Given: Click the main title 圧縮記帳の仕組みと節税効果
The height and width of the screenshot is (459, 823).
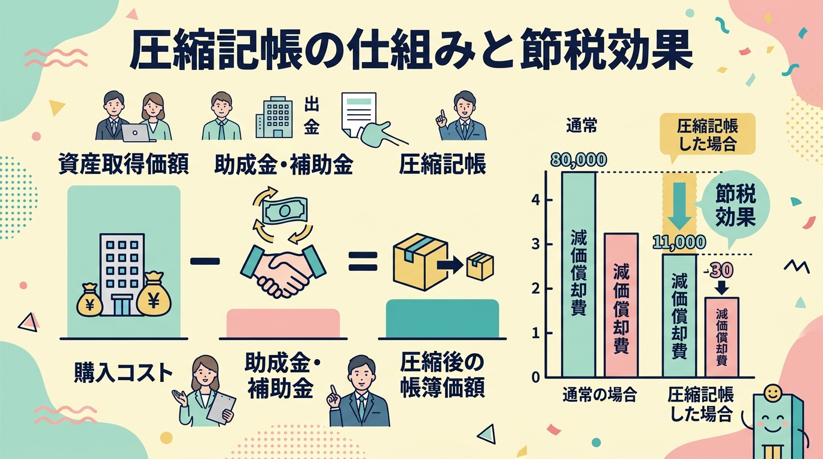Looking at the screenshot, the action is tap(411, 50).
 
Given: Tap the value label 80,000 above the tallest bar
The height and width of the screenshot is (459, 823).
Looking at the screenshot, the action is tap(579, 160).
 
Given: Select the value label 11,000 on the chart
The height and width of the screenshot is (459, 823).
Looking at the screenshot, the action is tap(679, 243).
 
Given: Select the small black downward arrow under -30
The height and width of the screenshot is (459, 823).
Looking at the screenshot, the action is tap(722, 287).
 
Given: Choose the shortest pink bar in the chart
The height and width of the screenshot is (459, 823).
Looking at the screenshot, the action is tap(721, 337).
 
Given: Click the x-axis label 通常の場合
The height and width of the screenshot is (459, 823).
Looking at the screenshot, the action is tap(599, 396).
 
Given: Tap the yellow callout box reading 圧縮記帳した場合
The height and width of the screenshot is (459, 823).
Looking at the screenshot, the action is tap(707, 134).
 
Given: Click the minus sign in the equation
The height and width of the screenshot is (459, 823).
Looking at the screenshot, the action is tap(205, 261).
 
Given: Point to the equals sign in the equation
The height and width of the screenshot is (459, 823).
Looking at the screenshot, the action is tap(363, 261).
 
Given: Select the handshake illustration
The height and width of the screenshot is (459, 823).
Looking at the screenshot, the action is tap(283, 271).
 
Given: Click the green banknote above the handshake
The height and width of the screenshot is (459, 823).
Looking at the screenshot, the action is tap(285, 210).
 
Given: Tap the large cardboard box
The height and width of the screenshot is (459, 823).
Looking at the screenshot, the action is tap(420, 261).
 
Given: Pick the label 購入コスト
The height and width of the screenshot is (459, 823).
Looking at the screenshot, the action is tap(123, 373).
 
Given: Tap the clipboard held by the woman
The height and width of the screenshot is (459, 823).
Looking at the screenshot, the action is tap(221, 408).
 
